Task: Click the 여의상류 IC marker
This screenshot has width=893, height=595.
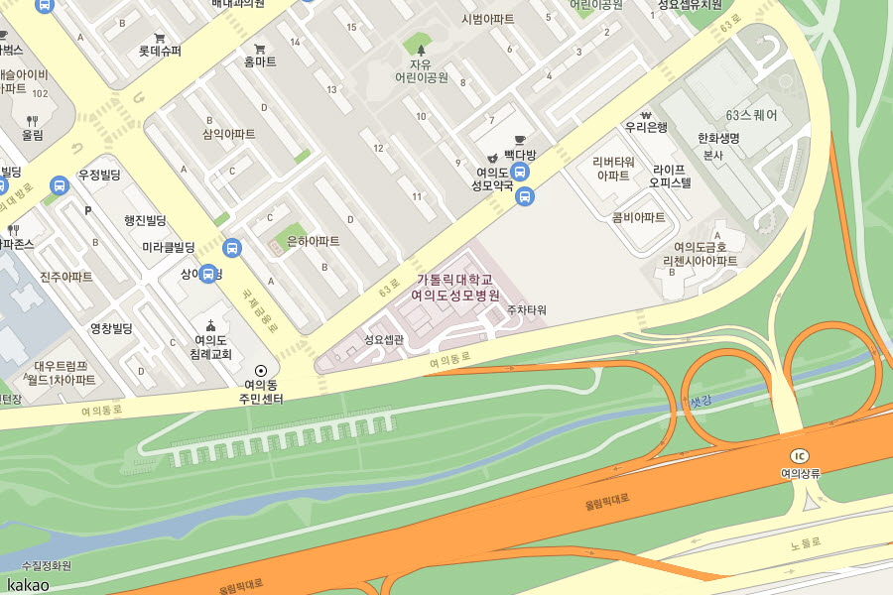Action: point(801,455)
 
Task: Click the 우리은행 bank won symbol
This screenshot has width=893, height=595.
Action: point(645,112)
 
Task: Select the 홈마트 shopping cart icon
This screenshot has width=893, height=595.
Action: point(260,48)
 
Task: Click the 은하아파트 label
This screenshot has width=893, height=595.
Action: point(313,241)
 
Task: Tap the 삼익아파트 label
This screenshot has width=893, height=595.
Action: point(229,134)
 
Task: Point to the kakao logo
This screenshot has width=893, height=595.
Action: point(28,584)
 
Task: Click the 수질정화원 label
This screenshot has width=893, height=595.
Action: point(47,565)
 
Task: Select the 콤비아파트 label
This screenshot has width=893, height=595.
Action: point(638,217)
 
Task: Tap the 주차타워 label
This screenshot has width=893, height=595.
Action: point(526,309)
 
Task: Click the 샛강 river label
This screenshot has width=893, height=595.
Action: point(701,402)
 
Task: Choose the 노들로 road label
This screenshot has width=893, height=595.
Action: point(807,543)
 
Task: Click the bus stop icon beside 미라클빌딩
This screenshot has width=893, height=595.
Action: point(232,248)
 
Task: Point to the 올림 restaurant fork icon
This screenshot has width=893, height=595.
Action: point(32,120)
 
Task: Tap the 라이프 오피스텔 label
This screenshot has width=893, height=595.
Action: point(670,176)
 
